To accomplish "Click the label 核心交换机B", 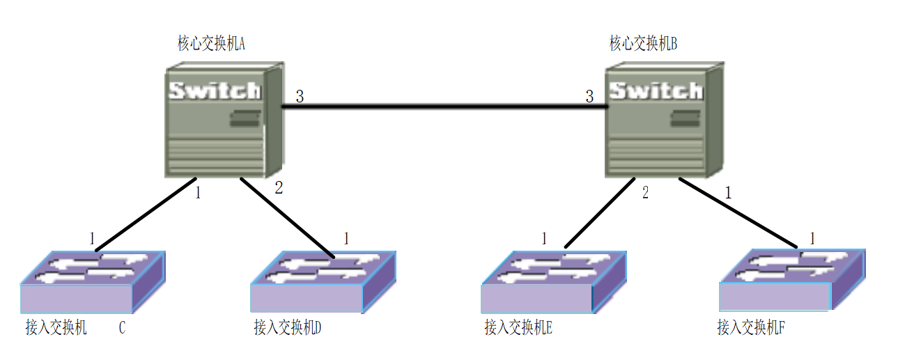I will click(643, 45).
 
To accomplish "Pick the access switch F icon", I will click(792, 281).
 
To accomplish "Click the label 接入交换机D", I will click(288, 327).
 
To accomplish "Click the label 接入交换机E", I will click(518, 327).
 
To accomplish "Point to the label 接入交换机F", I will click(751, 327).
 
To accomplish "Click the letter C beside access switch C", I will click(122, 328).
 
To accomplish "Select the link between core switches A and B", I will click(444, 107).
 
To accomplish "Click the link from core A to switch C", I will click(146, 214).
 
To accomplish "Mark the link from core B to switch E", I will click(600, 212).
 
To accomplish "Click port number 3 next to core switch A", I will click(300, 97).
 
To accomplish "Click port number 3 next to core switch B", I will click(589, 97).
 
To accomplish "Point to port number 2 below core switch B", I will click(645, 193).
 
